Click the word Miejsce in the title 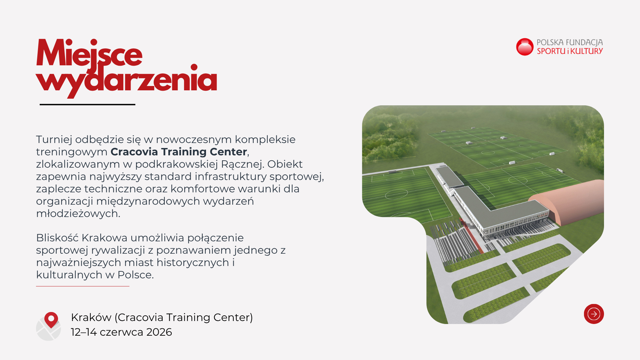[x=89, y=53]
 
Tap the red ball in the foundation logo [x=525, y=47]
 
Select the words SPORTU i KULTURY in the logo [x=570, y=51]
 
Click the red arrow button [x=594, y=314]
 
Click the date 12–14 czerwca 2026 [x=121, y=332]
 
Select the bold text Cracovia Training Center [x=179, y=152]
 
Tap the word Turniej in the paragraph [x=54, y=140]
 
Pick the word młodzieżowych [x=78, y=214]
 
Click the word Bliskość [x=57, y=238]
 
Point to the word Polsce [x=135, y=275]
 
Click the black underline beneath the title [x=87, y=104]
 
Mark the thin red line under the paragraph [x=83, y=286]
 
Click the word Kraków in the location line [x=91, y=317]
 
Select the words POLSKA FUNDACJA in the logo [x=570, y=42]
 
